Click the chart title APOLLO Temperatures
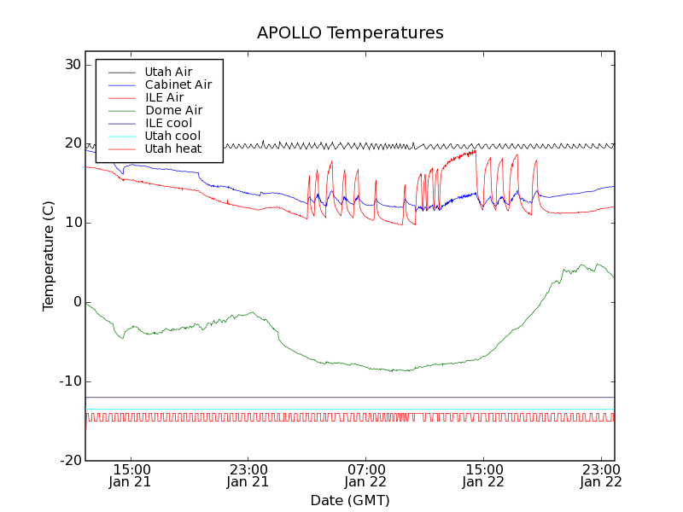[x=350, y=33]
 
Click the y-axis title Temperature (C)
[x=49, y=256]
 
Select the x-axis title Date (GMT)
[x=350, y=500]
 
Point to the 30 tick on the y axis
[x=71, y=65]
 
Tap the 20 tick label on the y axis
[x=71, y=144]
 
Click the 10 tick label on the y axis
[x=71, y=223]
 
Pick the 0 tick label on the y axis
[x=76, y=302]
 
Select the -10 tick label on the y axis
[x=69, y=381]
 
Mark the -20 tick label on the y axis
[x=69, y=461]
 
